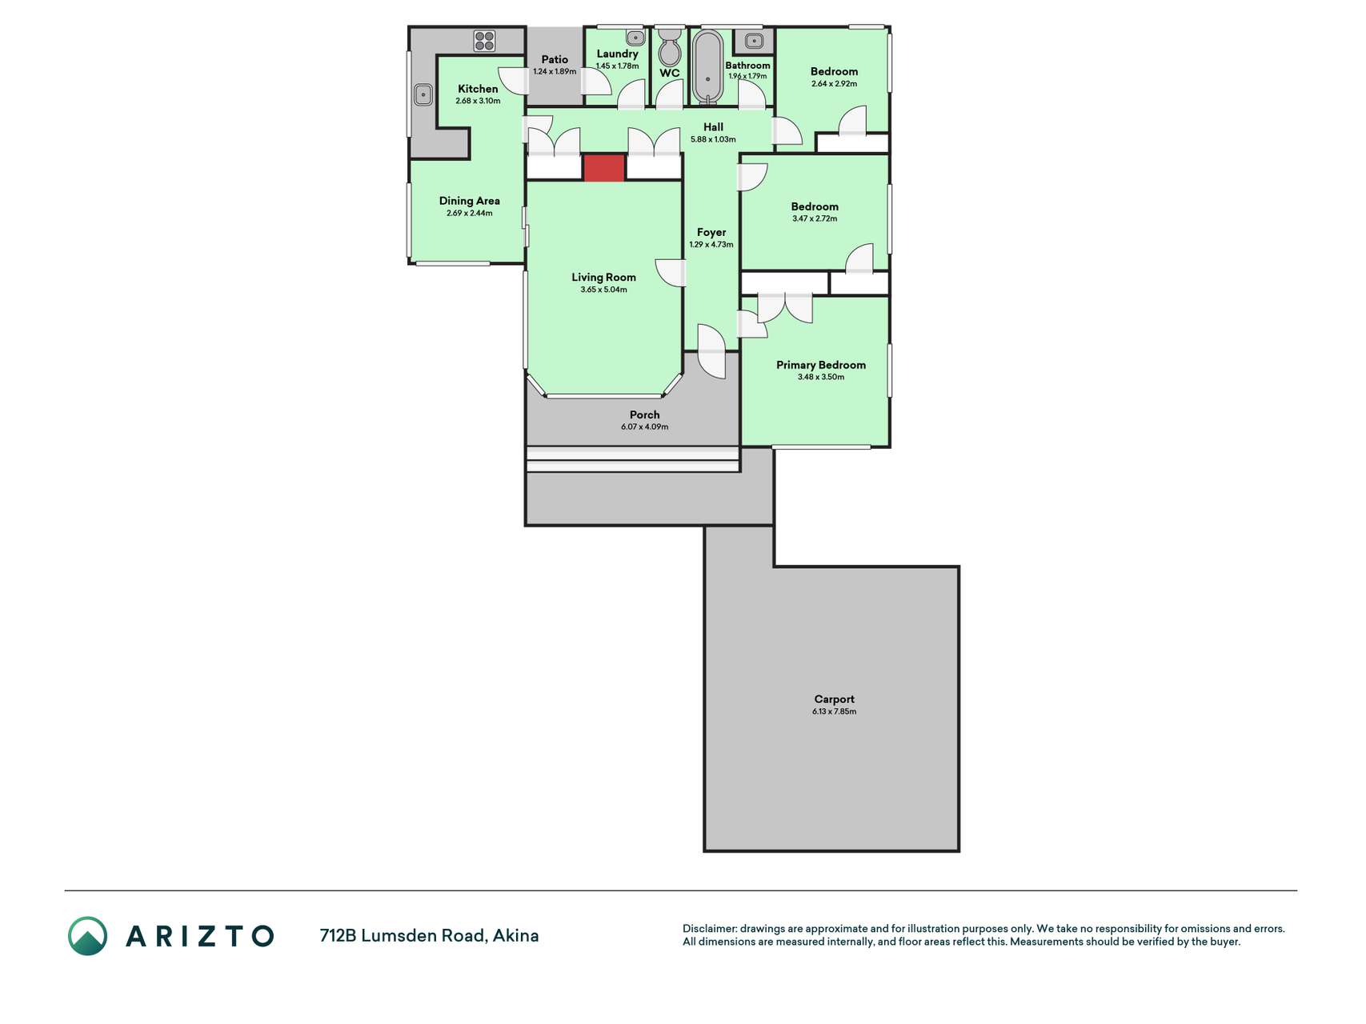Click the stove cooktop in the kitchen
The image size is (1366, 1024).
(484, 41)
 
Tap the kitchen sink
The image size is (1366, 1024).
(423, 95)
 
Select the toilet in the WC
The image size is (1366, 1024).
(669, 47)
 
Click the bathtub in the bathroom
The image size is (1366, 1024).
(707, 67)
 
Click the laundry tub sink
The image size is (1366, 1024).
(635, 38)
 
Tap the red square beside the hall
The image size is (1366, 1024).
(603, 168)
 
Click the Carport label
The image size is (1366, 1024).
(834, 699)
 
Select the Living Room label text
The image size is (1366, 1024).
(603, 278)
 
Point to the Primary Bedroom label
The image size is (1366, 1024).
(821, 365)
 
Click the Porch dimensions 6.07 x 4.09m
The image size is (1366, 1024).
(644, 427)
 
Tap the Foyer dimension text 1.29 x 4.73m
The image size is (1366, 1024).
(711, 245)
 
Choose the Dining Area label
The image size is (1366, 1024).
(469, 201)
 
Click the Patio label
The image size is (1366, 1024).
(555, 59)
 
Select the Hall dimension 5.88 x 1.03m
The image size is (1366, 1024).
(713, 139)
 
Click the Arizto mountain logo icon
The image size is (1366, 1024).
(87, 936)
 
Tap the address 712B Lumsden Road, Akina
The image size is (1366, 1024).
(429, 935)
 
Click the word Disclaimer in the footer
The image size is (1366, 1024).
(710, 929)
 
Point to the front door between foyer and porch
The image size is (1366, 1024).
(711, 352)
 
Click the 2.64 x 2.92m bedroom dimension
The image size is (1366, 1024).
(834, 84)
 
